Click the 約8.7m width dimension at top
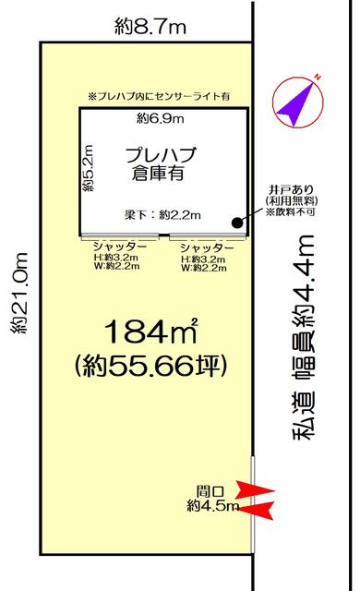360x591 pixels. tap(150, 27)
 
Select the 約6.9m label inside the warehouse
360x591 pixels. tap(160, 119)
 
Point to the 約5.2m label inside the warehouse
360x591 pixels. tap(88, 168)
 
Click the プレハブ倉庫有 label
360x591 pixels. tap(161, 164)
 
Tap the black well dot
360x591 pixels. tap(236, 223)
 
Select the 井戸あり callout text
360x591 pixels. tap(291, 189)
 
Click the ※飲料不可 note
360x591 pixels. tap(291, 211)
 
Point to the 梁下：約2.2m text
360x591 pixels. tap(162, 215)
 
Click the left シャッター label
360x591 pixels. tap(119, 247)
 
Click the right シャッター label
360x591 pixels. tap(207, 247)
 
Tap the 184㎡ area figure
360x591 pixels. tap(151, 332)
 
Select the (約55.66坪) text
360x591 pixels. tap(151, 365)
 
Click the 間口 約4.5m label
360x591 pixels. tap(212, 499)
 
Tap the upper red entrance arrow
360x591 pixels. tap(255, 489)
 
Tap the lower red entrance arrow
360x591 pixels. tap(256, 511)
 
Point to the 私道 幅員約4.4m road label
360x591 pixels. tap(304, 337)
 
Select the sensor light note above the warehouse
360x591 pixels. tap(159, 96)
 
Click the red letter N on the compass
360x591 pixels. tap(318, 78)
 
